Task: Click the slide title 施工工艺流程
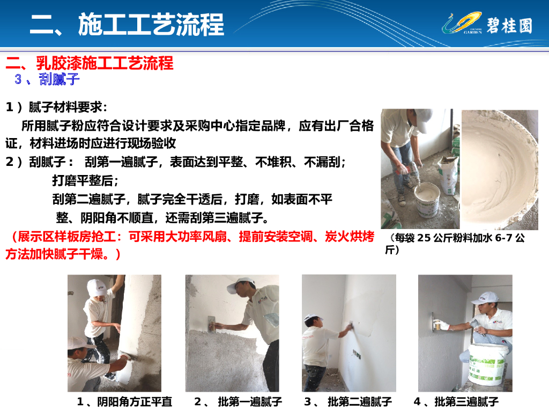click(x=151, y=25)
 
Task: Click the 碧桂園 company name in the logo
click(x=510, y=26)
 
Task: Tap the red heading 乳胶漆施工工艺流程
click(x=105, y=63)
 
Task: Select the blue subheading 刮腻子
click(x=60, y=79)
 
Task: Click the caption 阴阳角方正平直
click(x=135, y=401)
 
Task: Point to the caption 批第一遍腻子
click(x=250, y=401)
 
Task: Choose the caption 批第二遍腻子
click(x=360, y=401)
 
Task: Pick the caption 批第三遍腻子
click(x=466, y=401)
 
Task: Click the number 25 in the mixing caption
click(x=424, y=238)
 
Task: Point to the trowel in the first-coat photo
click(x=211, y=323)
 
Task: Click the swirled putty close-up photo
click(x=500, y=170)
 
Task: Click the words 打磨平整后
click(x=83, y=180)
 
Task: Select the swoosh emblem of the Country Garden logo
click(x=462, y=23)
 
